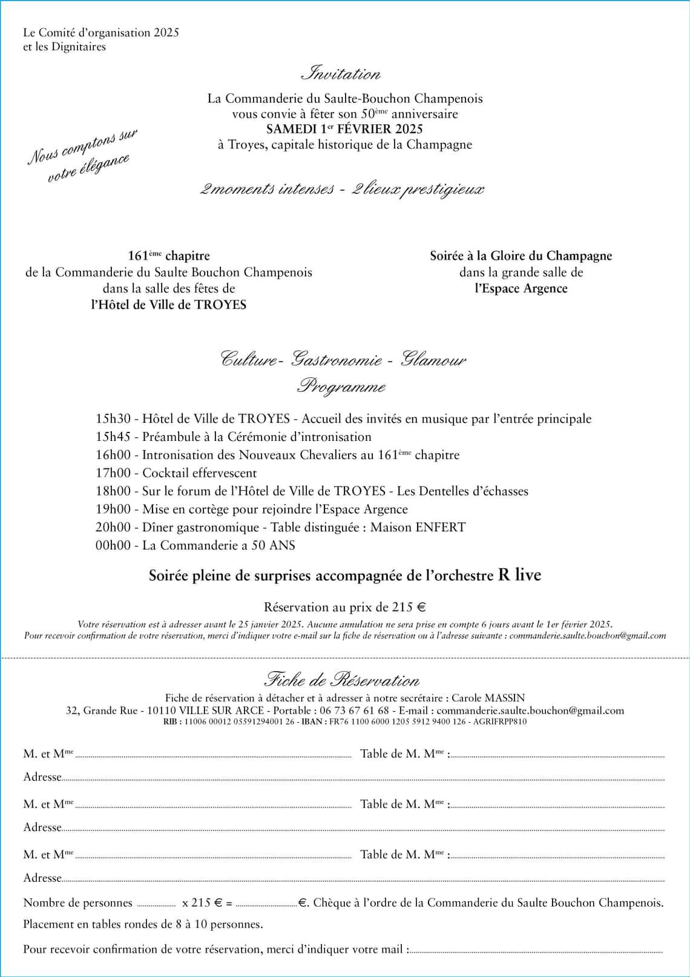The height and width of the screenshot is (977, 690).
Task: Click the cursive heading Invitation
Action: click(341, 74)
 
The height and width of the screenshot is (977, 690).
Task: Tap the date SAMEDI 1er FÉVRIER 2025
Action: click(344, 129)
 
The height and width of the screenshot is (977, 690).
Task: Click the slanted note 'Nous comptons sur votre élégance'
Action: click(82, 156)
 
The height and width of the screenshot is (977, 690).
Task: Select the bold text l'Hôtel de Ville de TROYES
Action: click(169, 305)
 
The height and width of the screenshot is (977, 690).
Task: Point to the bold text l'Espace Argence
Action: click(521, 288)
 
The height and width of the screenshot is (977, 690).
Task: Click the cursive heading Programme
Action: click(341, 386)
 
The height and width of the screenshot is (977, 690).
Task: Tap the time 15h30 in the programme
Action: click(113, 419)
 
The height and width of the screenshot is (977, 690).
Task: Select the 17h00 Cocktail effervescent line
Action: click(176, 473)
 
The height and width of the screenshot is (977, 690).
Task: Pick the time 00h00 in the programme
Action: click(113, 545)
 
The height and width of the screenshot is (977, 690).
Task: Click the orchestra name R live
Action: click(519, 575)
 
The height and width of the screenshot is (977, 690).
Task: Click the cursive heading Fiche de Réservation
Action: click(342, 680)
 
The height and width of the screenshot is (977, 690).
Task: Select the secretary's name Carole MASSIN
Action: click(488, 698)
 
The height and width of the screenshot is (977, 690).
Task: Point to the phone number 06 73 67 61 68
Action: click(354, 710)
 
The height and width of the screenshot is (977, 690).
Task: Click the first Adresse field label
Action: click(42, 777)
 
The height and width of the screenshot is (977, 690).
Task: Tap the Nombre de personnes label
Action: click(77, 902)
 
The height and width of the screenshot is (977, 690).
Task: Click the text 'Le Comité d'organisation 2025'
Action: click(101, 33)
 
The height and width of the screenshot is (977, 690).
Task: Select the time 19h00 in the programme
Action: click(113, 509)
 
